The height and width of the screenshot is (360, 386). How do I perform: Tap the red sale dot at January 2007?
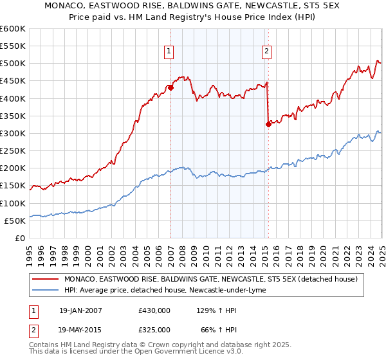coord(171,87)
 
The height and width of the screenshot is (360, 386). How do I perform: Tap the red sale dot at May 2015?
coord(268,125)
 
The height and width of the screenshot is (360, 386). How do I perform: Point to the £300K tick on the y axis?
coord(13,133)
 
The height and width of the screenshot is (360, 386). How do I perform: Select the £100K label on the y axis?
coord(13,203)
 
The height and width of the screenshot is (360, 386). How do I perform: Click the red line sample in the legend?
coord(45,279)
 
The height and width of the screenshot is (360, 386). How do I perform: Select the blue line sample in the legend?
coord(45,291)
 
